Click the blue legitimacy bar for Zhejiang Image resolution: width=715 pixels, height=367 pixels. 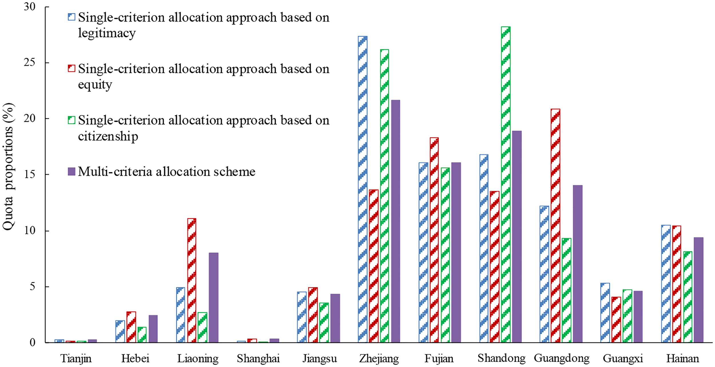(363, 189)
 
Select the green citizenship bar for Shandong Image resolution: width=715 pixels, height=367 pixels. (506, 185)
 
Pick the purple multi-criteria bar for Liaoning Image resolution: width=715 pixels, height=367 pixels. (213, 298)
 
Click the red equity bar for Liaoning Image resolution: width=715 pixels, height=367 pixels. (192, 281)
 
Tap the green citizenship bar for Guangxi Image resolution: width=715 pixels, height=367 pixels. (627, 316)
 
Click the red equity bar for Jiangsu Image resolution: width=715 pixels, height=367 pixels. (313, 315)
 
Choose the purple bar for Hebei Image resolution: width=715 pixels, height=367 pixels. (153, 329)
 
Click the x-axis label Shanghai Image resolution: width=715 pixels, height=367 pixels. (258, 358)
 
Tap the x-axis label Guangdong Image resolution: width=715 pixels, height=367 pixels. (561, 358)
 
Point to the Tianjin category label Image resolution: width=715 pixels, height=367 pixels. (76, 358)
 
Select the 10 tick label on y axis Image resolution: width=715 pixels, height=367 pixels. (29, 230)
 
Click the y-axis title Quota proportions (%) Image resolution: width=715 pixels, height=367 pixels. (8, 167)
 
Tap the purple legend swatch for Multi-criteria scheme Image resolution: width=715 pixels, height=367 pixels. (71, 171)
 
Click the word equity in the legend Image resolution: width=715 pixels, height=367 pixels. (95, 84)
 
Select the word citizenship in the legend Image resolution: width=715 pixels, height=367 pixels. (108, 136)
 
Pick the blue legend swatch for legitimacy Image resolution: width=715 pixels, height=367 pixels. (71, 17)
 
